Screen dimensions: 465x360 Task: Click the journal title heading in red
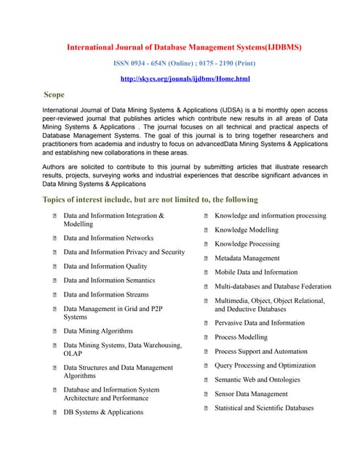(184, 47)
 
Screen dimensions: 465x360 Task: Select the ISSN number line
(184, 63)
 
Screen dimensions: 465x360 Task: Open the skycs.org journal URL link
(184, 78)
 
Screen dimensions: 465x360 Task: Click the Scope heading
(54, 94)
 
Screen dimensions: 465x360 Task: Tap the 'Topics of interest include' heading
(150, 200)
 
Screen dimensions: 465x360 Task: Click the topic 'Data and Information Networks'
(108, 238)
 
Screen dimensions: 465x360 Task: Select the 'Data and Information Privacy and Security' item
(124, 252)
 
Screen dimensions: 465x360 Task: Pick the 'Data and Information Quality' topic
(105, 267)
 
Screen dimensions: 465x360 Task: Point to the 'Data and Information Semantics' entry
(109, 280)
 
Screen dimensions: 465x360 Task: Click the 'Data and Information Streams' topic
(105, 295)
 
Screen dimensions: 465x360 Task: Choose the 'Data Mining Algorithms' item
(98, 331)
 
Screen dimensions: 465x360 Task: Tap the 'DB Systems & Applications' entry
(103, 413)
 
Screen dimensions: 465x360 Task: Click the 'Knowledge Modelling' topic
(247, 230)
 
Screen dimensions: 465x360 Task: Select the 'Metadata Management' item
(247, 259)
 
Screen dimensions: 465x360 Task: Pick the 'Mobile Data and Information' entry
(256, 272)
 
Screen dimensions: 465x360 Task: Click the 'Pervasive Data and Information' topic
(260, 323)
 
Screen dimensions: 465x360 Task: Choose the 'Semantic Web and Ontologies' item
(257, 380)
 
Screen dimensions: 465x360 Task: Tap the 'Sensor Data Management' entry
(251, 395)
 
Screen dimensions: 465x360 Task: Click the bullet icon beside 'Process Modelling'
(207, 338)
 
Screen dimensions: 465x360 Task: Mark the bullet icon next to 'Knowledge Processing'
(207, 245)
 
